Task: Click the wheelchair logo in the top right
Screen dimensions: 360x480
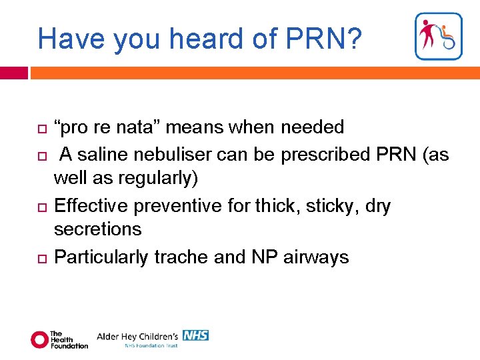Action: (x=438, y=37)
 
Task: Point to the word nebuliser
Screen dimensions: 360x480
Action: (x=173, y=155)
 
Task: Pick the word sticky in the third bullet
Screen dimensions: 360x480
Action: (x=332, y=205)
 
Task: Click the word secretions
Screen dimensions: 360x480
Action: (x=97, y=229)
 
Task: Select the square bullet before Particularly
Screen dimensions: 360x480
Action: (x=40, y=257)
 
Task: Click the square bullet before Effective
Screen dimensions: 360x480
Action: (x=40, y=206)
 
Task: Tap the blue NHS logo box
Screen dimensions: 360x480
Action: (x=196, y=335)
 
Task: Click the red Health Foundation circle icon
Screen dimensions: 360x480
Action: (x=39, y=339)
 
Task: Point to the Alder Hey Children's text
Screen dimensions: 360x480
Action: (x=137, y=336)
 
